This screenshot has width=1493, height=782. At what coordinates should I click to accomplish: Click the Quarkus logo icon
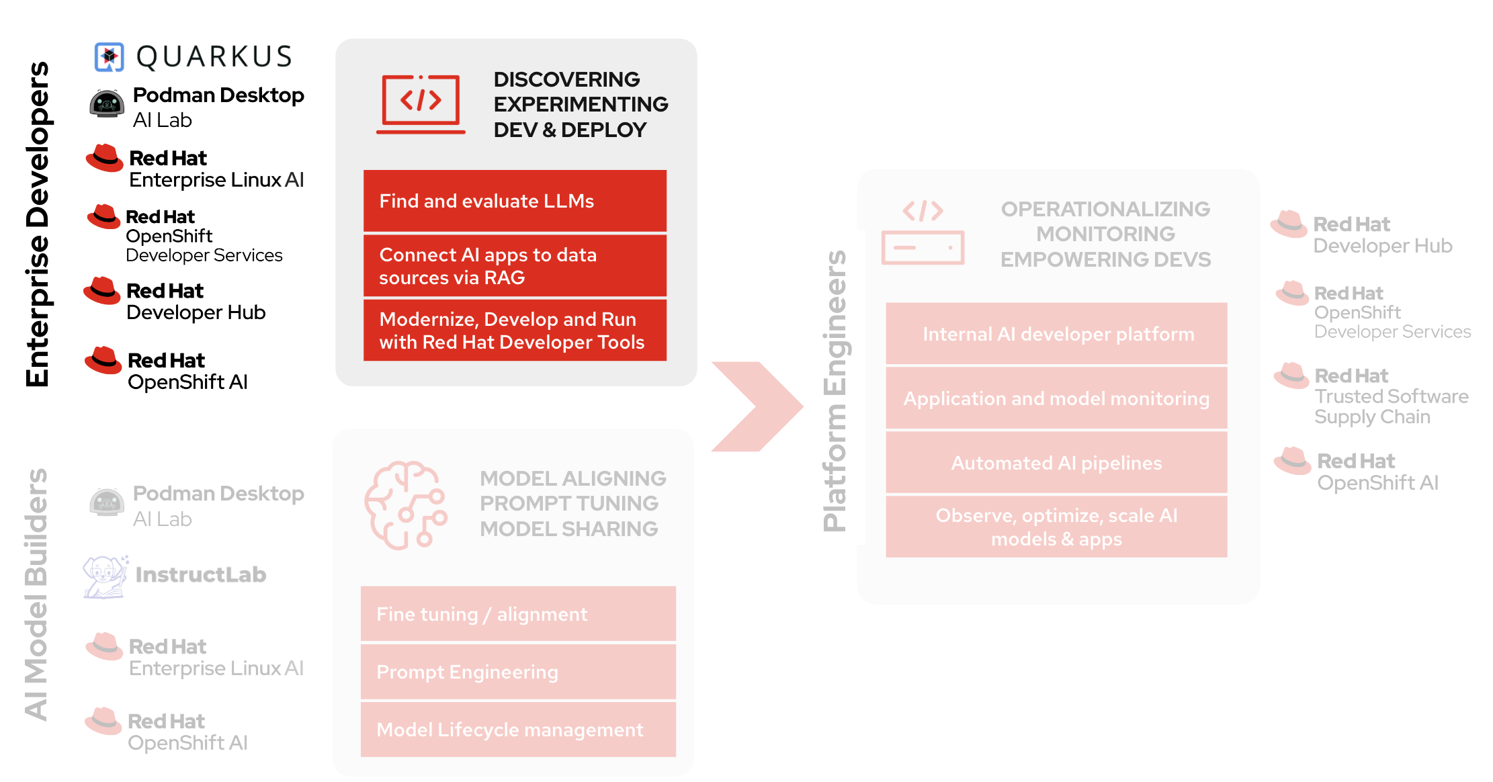[109, 57]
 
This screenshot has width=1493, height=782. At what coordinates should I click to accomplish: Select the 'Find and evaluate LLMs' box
[515, 201]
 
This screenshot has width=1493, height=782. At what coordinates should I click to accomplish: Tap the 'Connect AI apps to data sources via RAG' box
[515, 266]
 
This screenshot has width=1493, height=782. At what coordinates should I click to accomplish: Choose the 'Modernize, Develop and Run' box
[515, 331]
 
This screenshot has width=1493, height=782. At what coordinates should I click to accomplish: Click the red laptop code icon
[421, 104]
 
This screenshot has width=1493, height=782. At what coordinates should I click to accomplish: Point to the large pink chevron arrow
[757, 406]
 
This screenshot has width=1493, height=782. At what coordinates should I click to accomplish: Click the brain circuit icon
[405, 505]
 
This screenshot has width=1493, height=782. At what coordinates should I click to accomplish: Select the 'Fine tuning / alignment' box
[518, 614]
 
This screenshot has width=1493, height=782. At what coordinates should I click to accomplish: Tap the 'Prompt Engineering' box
[518, 672]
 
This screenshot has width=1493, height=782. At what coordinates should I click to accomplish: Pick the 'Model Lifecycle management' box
[518, 730]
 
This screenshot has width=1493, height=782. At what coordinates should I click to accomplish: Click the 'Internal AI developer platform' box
[1056, 334]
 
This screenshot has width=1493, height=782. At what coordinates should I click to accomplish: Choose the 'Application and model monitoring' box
[1056, 398]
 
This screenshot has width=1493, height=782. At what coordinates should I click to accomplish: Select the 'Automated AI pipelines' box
[1056, 463]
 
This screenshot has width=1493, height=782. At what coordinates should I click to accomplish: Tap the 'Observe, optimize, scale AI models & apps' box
[1056, 527]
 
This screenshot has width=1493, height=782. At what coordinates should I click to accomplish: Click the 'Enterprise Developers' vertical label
[38, 224]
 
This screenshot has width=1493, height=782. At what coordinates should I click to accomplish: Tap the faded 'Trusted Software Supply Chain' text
[1391, 406]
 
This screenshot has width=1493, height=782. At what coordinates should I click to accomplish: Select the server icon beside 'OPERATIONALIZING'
[923, 232]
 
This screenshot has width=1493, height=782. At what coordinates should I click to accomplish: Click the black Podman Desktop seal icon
[107, 104]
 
